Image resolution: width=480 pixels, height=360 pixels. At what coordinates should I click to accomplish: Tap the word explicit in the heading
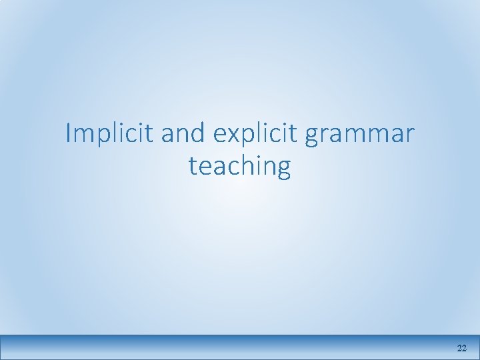click(x=255, y=134)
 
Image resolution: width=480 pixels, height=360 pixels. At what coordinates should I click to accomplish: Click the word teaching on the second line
click(x=240, y=166)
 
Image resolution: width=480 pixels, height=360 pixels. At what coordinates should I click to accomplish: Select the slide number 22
click(x=461, y=349)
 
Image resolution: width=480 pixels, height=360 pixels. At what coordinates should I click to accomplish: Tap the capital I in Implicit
click(x=69, y=133)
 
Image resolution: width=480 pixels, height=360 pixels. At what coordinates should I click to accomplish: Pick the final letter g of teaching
click(x=284, y=169)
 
